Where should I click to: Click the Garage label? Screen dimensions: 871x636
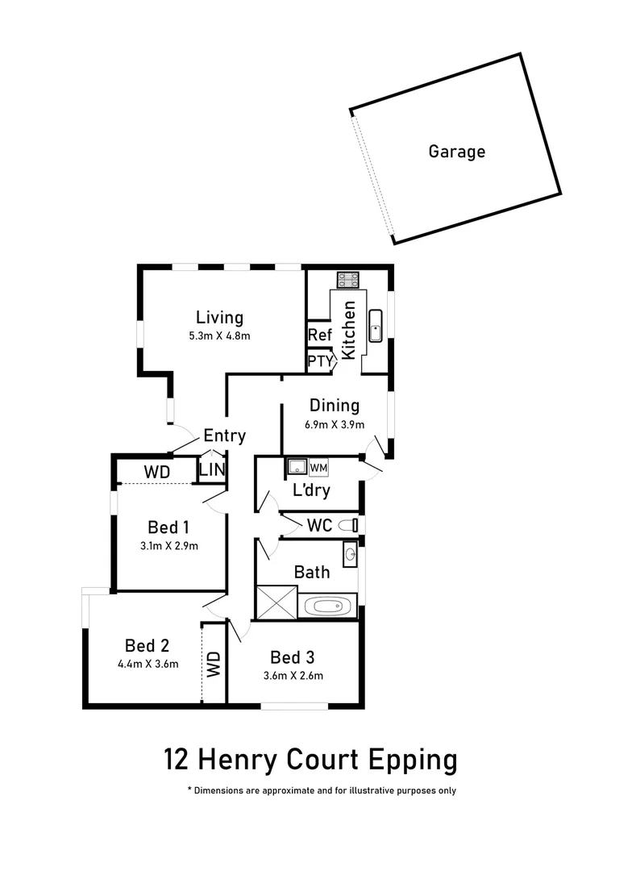[x=456, y=151]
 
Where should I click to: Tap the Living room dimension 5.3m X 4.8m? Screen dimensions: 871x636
[x=219, y=336]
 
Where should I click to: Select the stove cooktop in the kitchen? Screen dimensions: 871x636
[x=348, y=280]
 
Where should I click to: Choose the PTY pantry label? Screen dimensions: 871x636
[x=319, y=361]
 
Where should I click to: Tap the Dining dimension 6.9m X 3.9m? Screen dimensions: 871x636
[x=334, y=425]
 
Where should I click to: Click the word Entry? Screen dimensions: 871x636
[x=224, y=435]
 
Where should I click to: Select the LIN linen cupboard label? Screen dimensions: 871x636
[x=212, y=469]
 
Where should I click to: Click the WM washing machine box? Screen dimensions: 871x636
[x=318, y=467]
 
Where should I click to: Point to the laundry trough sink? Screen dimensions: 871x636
[x=295, y=467]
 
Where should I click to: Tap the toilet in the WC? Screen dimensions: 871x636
[x=348, y=525]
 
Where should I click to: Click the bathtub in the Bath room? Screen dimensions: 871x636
[x=327, y=606]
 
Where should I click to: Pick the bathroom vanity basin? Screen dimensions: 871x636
[x=350, y=554]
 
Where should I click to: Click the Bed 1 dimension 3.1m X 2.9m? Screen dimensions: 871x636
[x=168, y=546]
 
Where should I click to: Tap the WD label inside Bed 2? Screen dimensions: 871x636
[x=214, y=664]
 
